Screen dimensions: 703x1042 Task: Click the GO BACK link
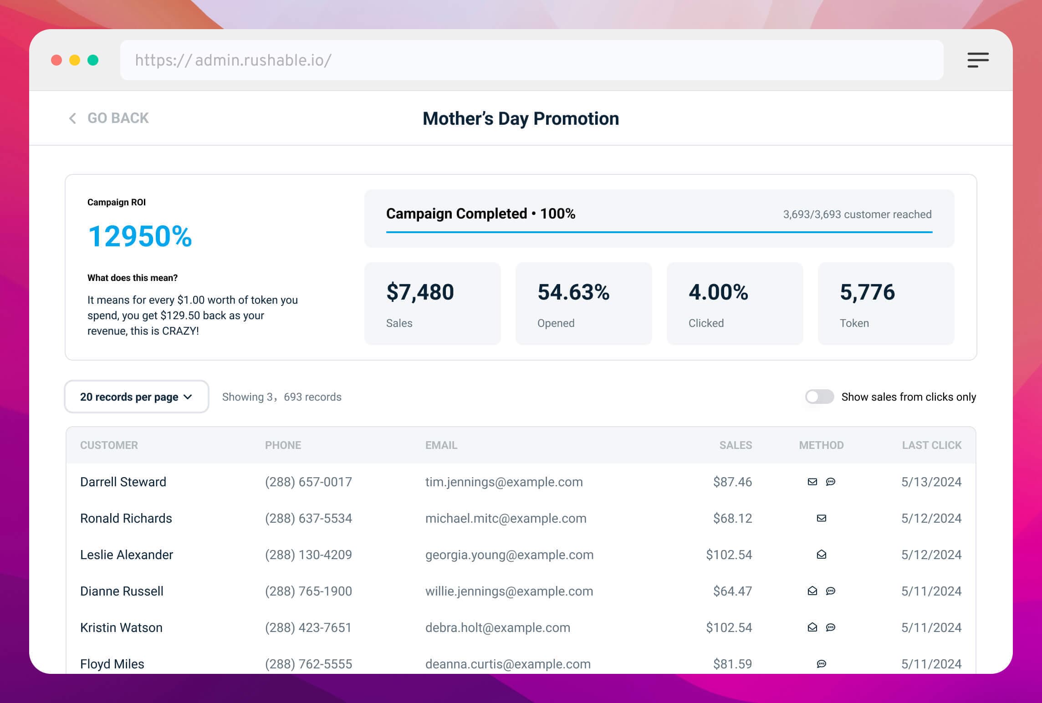click(109, 118)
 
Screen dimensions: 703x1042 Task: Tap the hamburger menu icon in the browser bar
click(978, 60)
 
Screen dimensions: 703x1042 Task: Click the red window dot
click(56, 60)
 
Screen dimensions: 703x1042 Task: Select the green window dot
click(93, 60)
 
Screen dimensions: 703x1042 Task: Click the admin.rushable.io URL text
click(233, 60)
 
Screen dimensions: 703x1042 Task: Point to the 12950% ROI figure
click(140, 236)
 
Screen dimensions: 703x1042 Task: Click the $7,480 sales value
click(420, 292)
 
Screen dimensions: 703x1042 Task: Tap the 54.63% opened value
click(573, 292)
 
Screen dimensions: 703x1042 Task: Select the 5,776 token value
click(867, 292)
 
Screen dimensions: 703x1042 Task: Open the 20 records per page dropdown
click(136, 397)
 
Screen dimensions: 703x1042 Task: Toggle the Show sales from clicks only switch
click(819, 397)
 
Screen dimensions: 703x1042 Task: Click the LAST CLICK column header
click(931, 445)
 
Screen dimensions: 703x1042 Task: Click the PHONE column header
click(283, 445)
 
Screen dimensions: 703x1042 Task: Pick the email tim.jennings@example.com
click(504, 482)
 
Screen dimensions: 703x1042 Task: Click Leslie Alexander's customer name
click(127, 555)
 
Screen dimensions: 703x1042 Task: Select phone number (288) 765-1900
click(308, 591)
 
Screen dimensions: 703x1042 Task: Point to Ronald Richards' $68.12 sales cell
click(732, 518)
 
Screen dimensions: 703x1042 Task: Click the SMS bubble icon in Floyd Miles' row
click(821, 664)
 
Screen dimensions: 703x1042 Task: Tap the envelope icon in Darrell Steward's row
click(812, 482)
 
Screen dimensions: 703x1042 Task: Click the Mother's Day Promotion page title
click(521, 118)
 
